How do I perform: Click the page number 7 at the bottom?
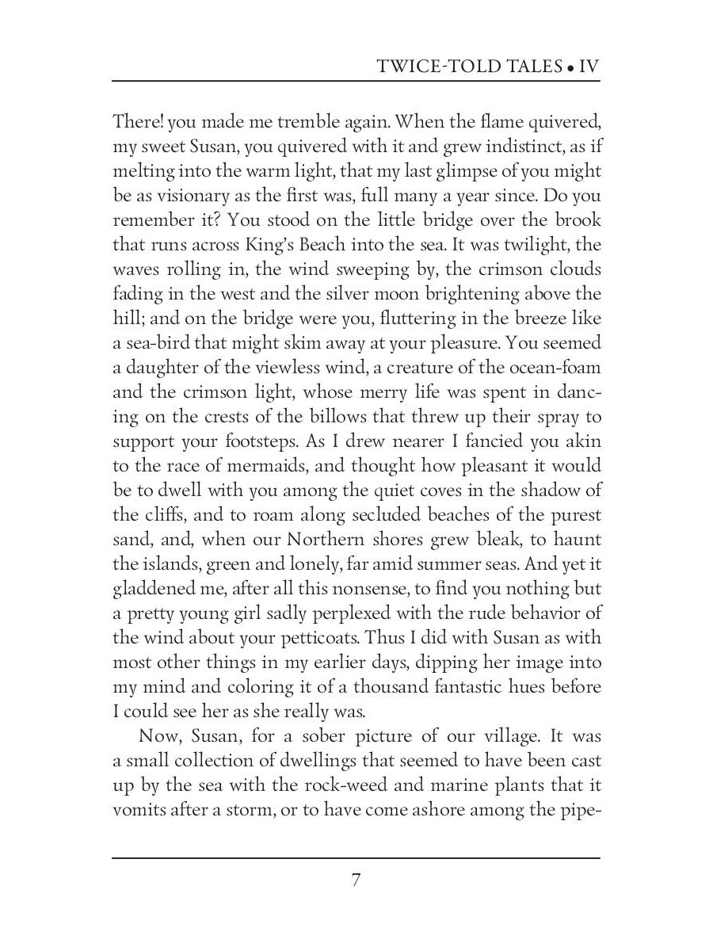[x=356, y=880]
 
